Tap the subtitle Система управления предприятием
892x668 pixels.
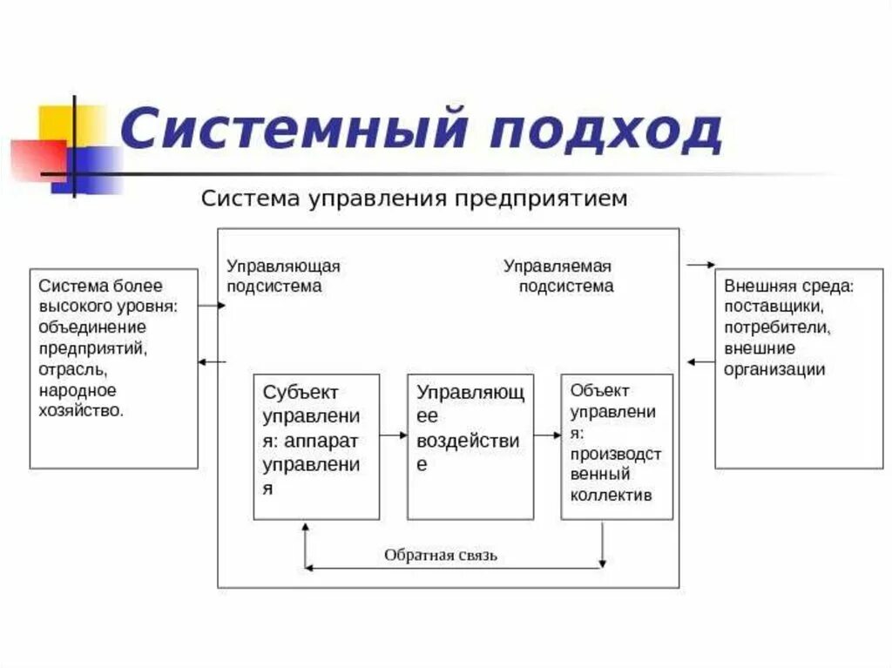pyautogui.click(x=414, y=199)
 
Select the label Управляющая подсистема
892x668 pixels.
pyautogui.click(x=283, y=275)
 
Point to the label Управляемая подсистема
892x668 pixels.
pyautogui.click(x=558, y=275)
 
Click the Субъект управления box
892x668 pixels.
pyautogui.click(x=316, y=446)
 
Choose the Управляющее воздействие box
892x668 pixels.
pyautogui.click(x=470, y=446)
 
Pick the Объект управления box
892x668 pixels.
pyautogui.click(x=617, y=446)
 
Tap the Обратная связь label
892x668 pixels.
pyautogui.click(x=441, y=555)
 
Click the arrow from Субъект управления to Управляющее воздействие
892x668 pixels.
pyautogui.click(x=394, y=434)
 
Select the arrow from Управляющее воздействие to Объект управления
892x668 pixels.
pyautogui.click(x=547, y=434)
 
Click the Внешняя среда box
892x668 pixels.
pyautogui.click(x=786, y=368)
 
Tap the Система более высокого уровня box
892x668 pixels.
pyautogui.click(x=113, y=368)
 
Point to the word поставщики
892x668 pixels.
pyautogui.click(x=774, y=307)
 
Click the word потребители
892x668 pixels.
pyautogui.click(x=776, y=327)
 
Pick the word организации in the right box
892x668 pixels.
pyautogui.click(x=774, y=368)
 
